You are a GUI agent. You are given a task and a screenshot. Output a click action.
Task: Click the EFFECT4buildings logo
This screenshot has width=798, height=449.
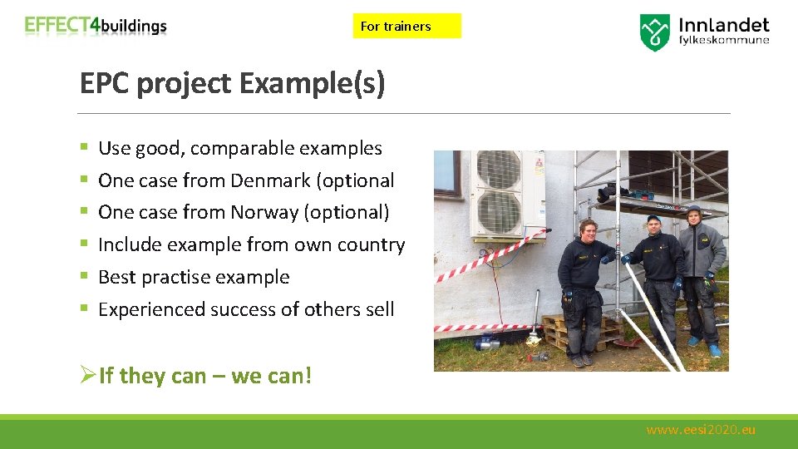coord(96,26)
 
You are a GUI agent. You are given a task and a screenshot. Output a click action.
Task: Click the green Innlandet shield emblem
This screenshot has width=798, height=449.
coord(654,32)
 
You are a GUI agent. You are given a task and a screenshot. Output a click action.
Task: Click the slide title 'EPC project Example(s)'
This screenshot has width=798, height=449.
coord(232,84)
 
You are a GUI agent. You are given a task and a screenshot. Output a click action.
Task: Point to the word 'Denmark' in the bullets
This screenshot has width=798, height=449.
coord(266,180)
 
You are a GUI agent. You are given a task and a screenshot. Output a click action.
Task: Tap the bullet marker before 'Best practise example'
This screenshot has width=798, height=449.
coord(84,277)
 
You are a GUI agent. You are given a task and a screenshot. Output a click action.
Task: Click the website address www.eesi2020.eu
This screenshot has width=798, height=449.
coord(701,430)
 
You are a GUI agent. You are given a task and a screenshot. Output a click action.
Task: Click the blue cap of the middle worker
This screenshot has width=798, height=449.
coord(653,219)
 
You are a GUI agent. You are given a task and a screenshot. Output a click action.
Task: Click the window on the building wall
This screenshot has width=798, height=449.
coord(446,173)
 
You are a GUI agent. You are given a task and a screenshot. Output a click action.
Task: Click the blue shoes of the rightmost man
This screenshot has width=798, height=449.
coord(702,345)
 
